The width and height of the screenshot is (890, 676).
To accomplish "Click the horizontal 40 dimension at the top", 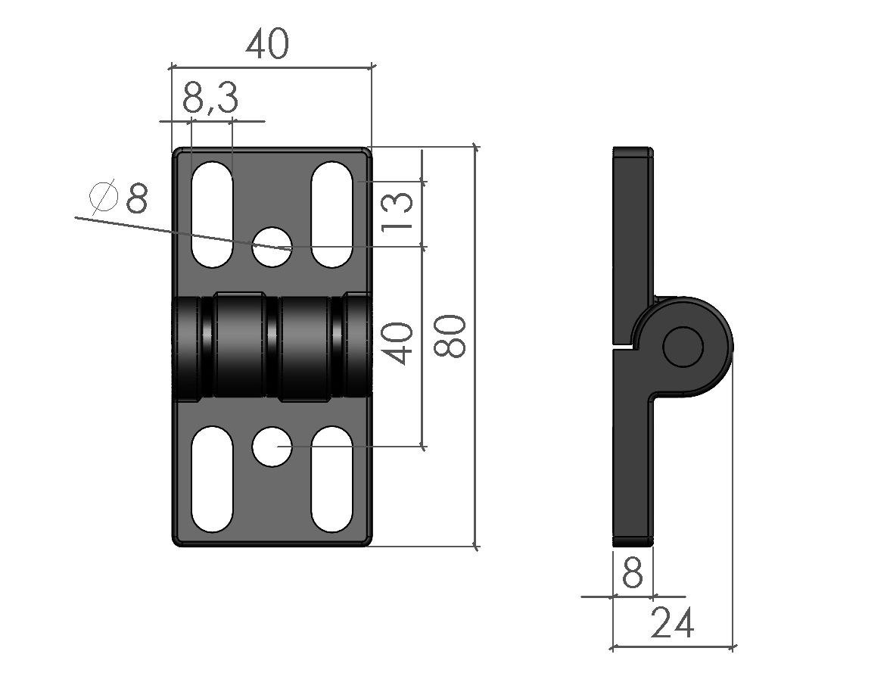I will pyautogui.click(x=267, y=45).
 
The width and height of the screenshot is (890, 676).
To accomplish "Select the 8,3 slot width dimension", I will pyautogui.click(x=210, y=98).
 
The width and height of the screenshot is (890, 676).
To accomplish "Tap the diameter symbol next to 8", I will pyautogui.click(x=104, y=198).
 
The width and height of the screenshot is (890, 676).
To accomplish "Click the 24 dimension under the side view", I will pyautogui.click(x=672, y=625).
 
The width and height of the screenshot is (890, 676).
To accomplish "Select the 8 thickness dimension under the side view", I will pyautogui.click(x=632, y=574).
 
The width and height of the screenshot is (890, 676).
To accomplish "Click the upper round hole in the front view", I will pyautogui.click(x=272, y=246).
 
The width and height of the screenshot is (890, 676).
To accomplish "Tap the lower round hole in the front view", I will pyautogui.click(x=272, y=447).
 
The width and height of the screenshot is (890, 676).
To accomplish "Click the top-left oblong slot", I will pyautogui.click(x=213, y=213).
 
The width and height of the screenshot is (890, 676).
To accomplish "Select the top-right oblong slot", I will pyautogui.click(x=331, y=213).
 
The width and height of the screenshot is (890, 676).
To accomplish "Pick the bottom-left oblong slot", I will pyautogui.click(x=213, y=479).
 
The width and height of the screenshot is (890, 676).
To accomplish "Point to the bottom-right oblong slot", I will pyautogui.click(x=331, y=479).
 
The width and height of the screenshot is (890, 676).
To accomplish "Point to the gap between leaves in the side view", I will pyautogui.click(x=622, y=346).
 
